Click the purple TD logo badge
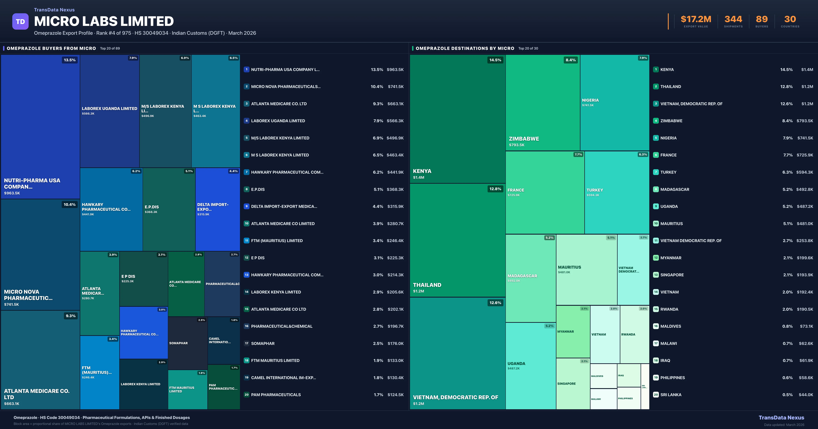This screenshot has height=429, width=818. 20,22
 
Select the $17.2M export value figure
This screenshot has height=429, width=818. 696,19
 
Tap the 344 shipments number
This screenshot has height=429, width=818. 733,19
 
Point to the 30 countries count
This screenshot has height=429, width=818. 790,19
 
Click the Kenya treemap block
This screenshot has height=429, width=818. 457,119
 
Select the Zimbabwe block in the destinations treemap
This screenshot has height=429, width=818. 542,102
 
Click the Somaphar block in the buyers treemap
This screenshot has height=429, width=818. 187,343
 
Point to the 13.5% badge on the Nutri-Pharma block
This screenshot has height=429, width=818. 70,60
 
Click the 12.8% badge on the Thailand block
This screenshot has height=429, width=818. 495,189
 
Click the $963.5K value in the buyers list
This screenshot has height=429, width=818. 395,69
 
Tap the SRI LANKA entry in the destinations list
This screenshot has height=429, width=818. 671,395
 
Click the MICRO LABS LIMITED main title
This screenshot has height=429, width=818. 104,21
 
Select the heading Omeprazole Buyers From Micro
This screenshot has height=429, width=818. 51,48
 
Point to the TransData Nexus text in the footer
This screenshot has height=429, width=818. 781,418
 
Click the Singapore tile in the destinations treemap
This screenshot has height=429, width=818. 573,384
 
